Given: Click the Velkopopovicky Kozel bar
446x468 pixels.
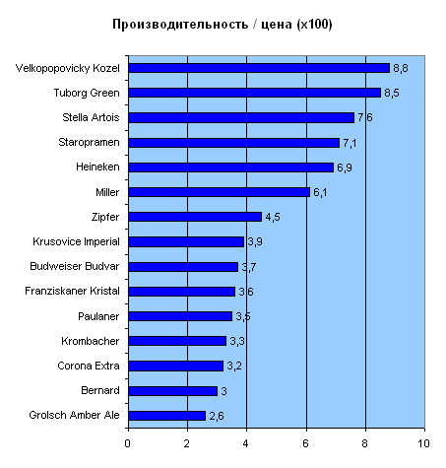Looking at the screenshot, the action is (x=259, y=68).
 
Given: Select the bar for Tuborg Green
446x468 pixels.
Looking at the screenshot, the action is (x=255, y=93).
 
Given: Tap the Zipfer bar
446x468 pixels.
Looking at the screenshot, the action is (x=195, y=217).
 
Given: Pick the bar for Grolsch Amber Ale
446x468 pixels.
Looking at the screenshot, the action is (x=167, y=416).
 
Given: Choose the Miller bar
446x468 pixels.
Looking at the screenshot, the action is (x=220, y=192).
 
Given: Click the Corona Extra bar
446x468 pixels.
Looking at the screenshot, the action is (x=176, y=366).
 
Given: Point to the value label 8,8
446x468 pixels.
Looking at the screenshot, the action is (x=401, y=68).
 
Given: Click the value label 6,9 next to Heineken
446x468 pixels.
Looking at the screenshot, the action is (x=345, y=167).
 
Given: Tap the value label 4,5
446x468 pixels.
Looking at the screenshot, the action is (x=273, y=217).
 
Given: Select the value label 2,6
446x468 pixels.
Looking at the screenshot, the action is (x=217, y=416).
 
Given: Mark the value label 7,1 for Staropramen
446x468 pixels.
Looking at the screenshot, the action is (x=350, y=143).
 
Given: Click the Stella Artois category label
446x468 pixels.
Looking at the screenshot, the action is (x=91, y=117).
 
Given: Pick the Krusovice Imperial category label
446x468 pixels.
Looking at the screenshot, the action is (x=76, y=241).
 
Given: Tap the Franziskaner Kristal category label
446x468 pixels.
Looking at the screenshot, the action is (x=72, y=291).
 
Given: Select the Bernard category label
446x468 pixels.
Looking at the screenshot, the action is (x=100, y=390).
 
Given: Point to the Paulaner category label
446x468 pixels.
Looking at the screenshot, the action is (x=98, y=316).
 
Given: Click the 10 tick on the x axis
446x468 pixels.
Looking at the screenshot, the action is (x=423, y=443).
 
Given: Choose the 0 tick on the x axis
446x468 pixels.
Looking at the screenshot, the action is (x=127, y=443).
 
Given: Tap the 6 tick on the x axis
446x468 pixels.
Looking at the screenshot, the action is (x=305, y=443).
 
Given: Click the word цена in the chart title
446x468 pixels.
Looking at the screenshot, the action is (x=277, y=25).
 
